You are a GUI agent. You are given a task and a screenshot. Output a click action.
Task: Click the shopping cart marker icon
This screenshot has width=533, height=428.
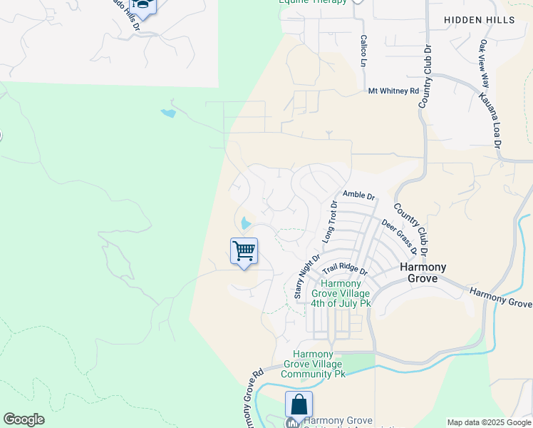coord(244,252)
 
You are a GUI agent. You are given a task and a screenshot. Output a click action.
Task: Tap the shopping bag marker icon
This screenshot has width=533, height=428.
coord(299,404)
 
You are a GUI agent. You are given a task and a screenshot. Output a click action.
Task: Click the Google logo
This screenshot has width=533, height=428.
coord(24,419)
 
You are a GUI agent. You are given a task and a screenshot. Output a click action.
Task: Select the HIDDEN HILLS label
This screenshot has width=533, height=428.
coord(479,20)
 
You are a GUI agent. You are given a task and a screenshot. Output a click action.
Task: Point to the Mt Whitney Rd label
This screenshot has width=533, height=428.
coord(393,91)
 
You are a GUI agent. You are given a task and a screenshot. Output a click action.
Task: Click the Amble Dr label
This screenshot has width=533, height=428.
coord(358,195)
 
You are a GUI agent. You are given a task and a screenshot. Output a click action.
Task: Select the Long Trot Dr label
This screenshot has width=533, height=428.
coord(328,221)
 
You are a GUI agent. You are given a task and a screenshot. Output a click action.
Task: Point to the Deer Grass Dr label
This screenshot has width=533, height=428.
coord(398,236)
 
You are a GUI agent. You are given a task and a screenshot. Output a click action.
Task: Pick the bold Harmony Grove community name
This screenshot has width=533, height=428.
coord(423,272)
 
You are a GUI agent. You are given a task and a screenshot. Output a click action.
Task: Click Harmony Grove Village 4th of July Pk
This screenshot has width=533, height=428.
coord(341,293)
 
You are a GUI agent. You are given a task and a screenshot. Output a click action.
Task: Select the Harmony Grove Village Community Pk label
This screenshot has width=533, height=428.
coord(314,364)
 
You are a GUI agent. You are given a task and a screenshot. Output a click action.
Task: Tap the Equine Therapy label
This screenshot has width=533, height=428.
coord(314,2)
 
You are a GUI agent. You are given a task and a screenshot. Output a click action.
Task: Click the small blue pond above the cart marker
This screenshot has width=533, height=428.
coord(245,223)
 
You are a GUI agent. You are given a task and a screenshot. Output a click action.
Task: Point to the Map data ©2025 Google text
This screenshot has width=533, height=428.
coord(488,422)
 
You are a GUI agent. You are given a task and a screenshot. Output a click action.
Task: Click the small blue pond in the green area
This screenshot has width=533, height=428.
coord(168,113)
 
